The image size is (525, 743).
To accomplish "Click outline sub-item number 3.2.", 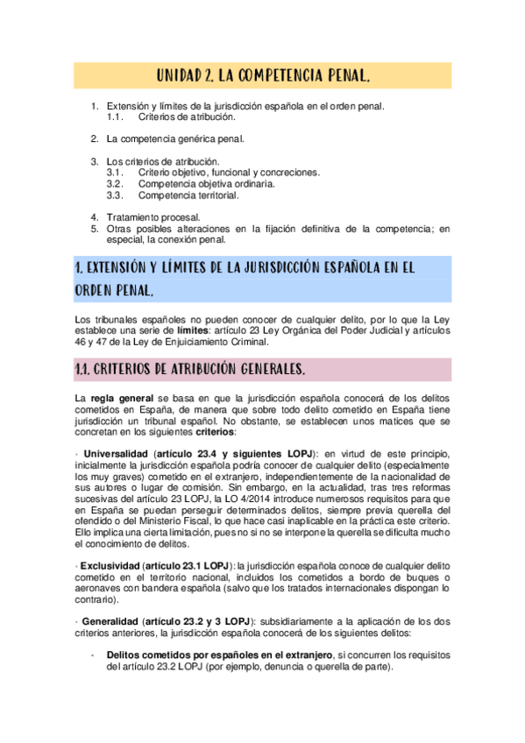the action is coord(114,184).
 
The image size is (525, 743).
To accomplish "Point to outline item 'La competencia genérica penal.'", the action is coord(175,138).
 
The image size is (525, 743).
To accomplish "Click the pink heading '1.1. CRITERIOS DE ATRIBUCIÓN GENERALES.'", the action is coord(190,371).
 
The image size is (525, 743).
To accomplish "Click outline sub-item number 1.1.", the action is coord(114,117).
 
